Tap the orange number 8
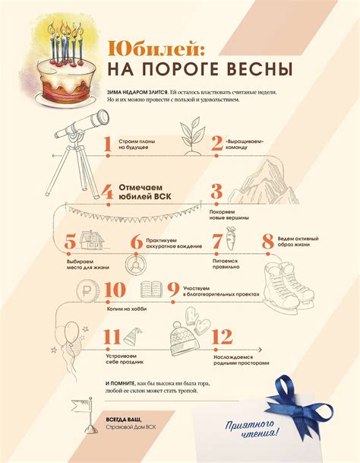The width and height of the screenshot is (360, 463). [x=267, y=242]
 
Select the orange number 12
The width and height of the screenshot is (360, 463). [x=222, y=337]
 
